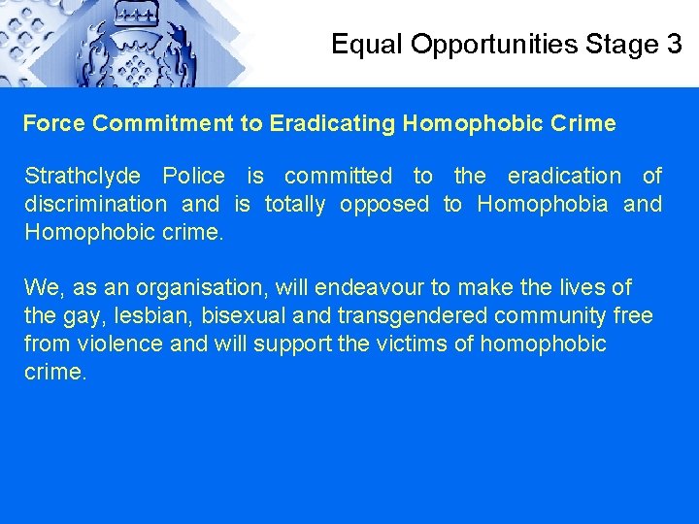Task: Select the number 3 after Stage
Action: coord(675,44)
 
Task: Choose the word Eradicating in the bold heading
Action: coord(333,124)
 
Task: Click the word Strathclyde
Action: coord(82,177)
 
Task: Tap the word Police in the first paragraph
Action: coord(193,176)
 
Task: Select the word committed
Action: coord(338,176)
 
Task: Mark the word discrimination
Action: coord(95,204)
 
